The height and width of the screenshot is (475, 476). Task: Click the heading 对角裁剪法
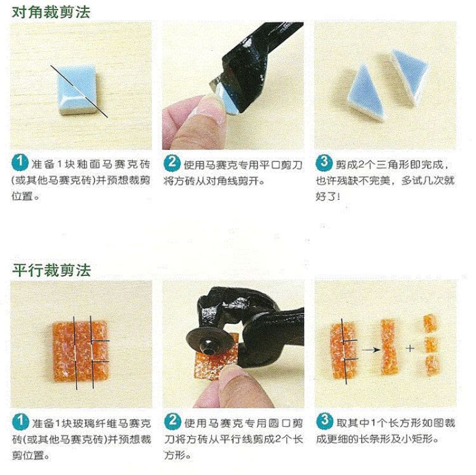coord(51,12)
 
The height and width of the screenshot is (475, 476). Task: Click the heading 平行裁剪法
coord(52,270)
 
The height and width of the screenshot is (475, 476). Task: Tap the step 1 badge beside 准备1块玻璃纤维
coord(21,421)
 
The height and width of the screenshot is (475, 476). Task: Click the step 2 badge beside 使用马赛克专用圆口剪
coord(173,421)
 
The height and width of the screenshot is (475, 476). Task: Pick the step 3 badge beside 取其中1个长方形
coord(324,421)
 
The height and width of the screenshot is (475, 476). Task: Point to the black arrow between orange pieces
coord(371,350)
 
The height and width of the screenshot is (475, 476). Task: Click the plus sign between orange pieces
coord(410,348)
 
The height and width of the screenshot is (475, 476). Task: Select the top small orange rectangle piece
coord(430,323)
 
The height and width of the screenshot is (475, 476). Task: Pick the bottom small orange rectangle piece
coord(433,365)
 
